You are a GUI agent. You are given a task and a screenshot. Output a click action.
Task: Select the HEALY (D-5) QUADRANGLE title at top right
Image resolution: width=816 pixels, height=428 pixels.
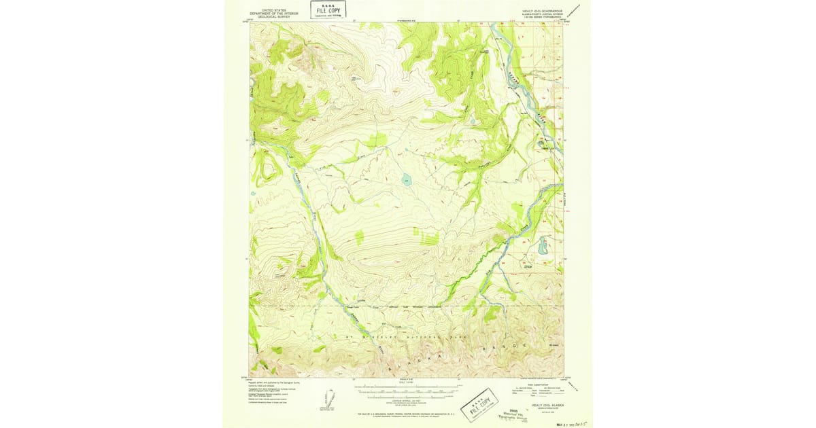[x=542, y=12]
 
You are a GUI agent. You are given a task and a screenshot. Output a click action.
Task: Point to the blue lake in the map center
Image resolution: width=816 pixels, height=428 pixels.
[x=407, y=180]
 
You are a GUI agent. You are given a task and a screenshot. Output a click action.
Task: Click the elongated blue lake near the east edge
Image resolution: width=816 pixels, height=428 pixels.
[x=543, y=246]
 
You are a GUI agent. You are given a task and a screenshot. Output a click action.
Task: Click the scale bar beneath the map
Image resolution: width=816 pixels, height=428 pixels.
[x=407, y=392]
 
